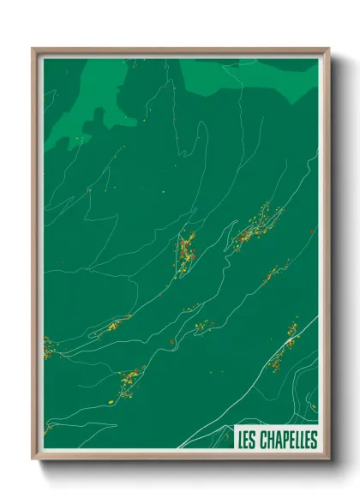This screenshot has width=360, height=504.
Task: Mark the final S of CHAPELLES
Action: pyautogui.click(x=314, y=440)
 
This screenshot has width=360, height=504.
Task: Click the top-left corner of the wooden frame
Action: pyautogui.click(x=33, y=49)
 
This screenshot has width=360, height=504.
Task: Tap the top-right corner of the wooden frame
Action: pyautogui.click(x=329, y=49)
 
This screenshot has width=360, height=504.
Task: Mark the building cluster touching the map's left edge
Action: pyautogui.click(x=48, y=347)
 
